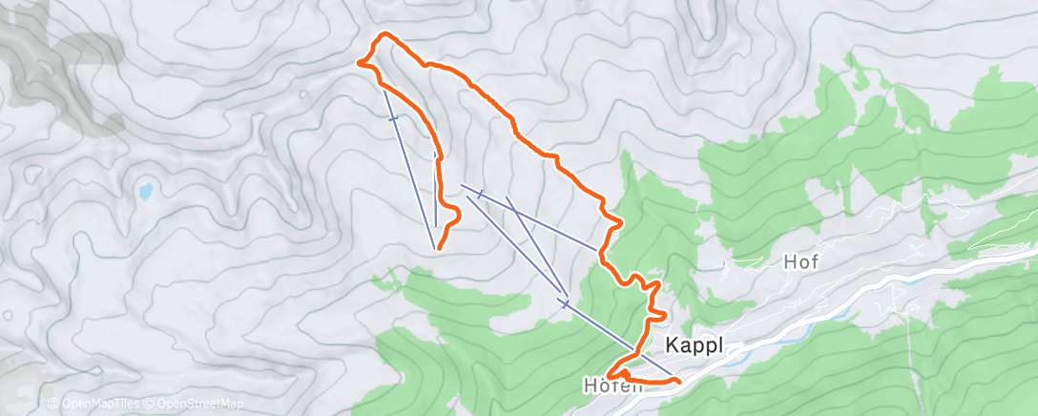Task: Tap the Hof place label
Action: click(x=800, y=260)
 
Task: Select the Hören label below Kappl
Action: click(x=607, y=386)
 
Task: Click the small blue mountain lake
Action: click(x=145, y=191)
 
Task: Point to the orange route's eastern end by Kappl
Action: click(x=678, y=382)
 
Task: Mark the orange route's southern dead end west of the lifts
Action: click(x=439, y=249)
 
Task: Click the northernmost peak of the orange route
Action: click(x=385, y=35)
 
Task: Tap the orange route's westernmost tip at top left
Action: click(x=360, y=63)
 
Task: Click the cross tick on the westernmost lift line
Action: click(x=393, y=117)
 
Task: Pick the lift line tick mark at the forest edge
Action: click(x=565, y=304)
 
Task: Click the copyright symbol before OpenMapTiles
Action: click(x=52, y=404)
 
